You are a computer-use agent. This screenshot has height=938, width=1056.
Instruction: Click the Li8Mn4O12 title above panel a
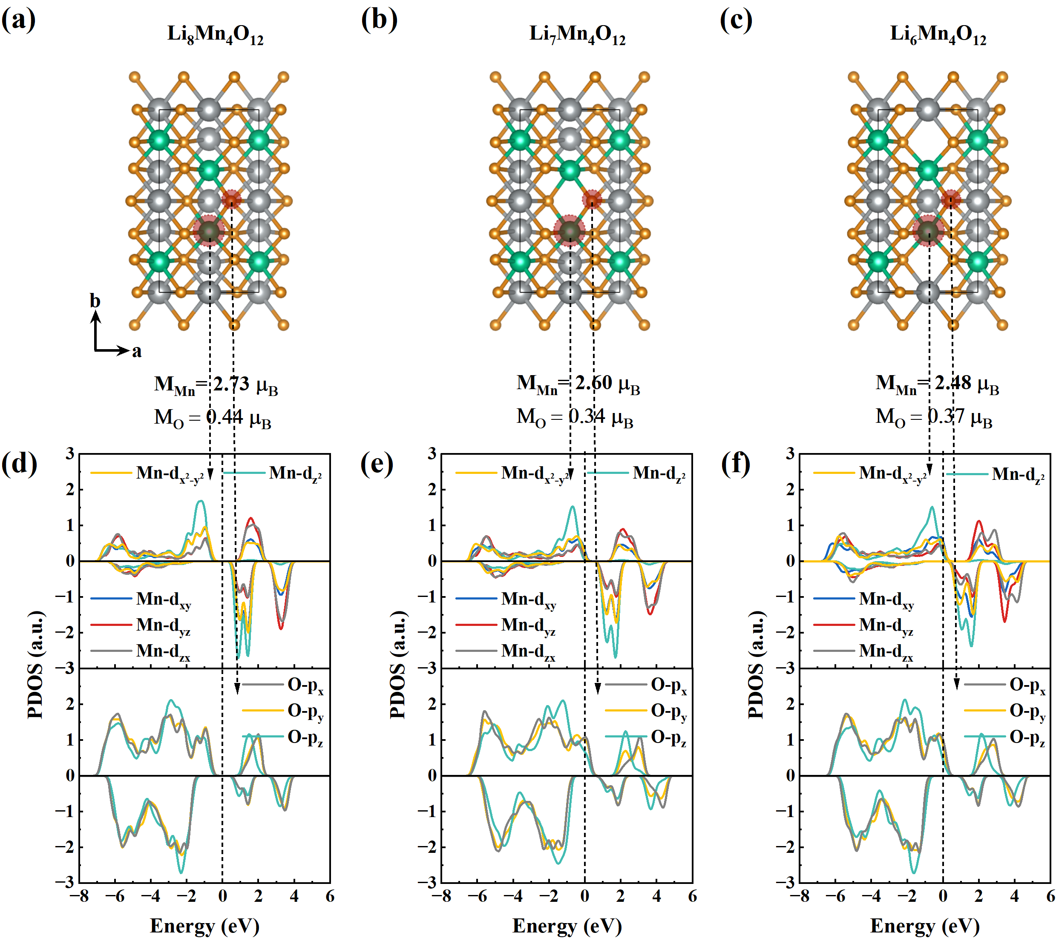(x=216, y=34)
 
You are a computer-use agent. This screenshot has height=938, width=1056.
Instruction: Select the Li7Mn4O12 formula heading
(x=577, y=34)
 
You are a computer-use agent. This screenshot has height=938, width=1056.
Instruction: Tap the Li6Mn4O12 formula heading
(x=938, y=34)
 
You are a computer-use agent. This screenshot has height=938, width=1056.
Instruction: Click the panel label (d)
(x=19, y=463)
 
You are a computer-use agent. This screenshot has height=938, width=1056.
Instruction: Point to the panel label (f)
(x=736, y=463)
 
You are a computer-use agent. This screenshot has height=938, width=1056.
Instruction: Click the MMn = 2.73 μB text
(x=216, y=385)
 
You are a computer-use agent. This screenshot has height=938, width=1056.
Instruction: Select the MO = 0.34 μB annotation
(x=575, y=417)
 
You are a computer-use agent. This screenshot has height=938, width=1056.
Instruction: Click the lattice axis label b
(x=95, y=301)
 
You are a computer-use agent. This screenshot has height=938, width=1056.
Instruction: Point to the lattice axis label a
(x=136, y=351)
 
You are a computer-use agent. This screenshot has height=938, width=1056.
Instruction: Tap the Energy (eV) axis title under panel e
(x=567, y=926)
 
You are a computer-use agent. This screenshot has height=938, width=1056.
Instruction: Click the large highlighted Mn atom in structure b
(x=570, y=231)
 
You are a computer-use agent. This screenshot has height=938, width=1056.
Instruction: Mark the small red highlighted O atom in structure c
(x=951, y=199)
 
